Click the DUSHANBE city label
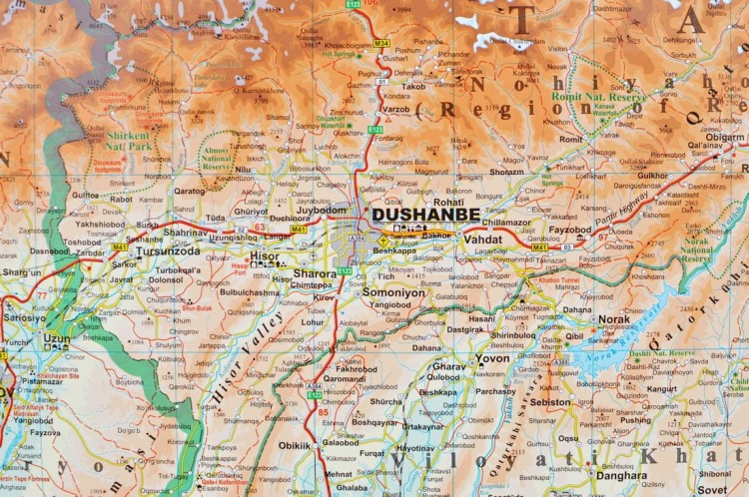point(425,214)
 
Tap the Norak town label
point(614,319)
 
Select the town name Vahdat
point(482,241)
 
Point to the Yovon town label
point(491,357)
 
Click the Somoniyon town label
point(393,292)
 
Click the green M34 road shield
point(380,44)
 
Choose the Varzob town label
point(395,108)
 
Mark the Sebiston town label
point(550,402)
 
